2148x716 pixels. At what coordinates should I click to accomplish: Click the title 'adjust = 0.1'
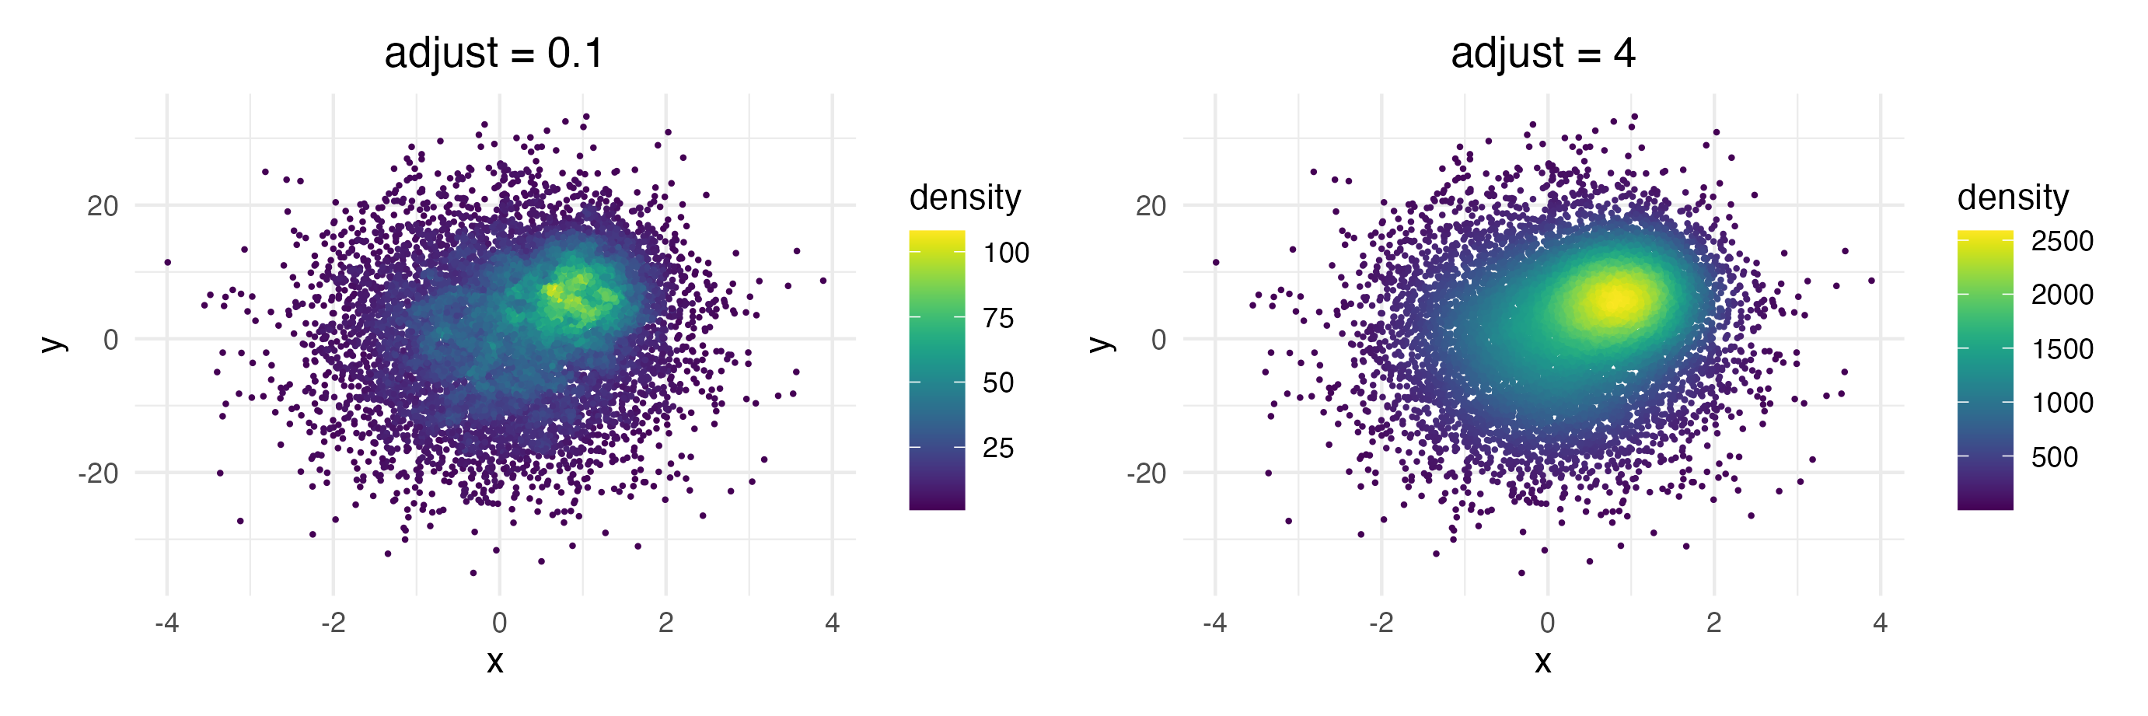[x=494, y=54]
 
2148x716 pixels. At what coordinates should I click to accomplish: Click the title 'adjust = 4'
[x=1542, y=54]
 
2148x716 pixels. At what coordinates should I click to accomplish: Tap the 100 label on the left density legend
[x=1006, y=253]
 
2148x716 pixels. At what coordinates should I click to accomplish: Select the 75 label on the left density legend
[x=997, y=317]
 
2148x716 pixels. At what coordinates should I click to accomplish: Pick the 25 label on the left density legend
[x=997, y=448]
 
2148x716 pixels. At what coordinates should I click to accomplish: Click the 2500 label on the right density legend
[x=2061, y=241]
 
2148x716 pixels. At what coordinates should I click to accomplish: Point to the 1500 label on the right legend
[x=2061, y=348]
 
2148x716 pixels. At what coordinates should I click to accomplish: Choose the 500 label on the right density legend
[x=2054, y=457]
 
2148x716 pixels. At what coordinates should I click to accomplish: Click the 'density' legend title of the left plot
[x=965, y=197]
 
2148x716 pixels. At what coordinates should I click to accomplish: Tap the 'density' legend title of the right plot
[x=2013, y=197]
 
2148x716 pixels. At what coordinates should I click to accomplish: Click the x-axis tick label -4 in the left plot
[x=167, y=623]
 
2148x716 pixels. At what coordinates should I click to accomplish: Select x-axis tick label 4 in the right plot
[x=1880, y=623]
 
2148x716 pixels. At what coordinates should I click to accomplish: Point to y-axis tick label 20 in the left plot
[x=103, y=206]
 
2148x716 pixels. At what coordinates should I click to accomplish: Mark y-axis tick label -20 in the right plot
[x=1146, y=473]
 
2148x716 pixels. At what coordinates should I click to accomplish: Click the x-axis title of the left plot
[x=495, y=661]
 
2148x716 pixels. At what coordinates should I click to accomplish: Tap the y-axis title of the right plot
[x=1100, y=344]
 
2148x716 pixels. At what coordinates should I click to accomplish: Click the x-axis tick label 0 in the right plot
[x=1548, y=623]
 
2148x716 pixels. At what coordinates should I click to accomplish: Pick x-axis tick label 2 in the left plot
[x=665, y=623]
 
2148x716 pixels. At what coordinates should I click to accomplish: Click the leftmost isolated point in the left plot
[x=168, y=263]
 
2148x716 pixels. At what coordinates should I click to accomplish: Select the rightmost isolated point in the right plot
[x=1871, y=281]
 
